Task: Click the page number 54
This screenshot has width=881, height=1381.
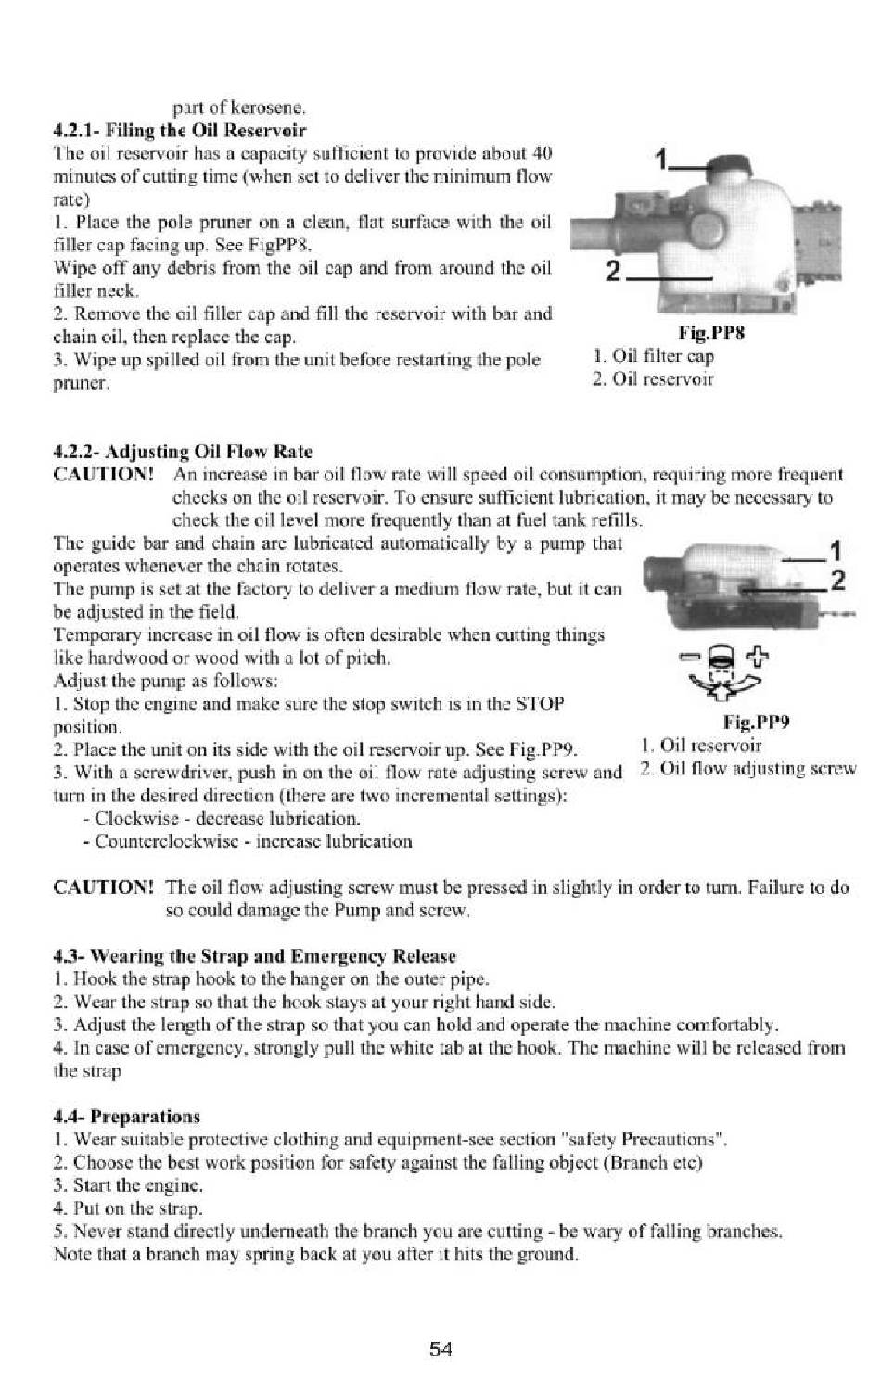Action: coord(440,1349)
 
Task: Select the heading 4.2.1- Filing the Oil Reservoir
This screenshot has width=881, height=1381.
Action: coord(180,131)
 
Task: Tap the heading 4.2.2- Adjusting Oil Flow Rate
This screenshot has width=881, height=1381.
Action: coord(183,452)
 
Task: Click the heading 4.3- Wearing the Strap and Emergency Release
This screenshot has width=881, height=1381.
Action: coord(255,956)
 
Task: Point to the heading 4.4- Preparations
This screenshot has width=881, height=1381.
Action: coord(127,1117)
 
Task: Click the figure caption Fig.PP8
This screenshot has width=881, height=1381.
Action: coord(711,334)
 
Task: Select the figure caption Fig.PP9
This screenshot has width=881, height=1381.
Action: coord(757,722)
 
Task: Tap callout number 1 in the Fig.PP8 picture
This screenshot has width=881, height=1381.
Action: coord(661,160)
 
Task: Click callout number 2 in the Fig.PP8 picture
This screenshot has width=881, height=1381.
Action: coord(613,271)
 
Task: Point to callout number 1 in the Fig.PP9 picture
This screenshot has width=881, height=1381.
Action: coord(836,551)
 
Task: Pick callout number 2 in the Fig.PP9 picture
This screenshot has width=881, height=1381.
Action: coord(837,581)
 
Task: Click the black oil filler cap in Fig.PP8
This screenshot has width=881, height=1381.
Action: coord(729,166)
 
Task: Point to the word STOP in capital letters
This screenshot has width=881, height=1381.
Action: coord(541,703)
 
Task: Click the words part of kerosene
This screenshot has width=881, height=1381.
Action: coord(239,109)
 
